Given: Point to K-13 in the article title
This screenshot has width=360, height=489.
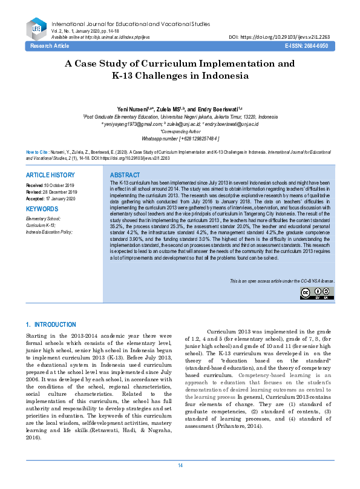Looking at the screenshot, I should (x=126, y=76).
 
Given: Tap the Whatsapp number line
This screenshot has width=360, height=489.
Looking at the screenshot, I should (x=180, y=138).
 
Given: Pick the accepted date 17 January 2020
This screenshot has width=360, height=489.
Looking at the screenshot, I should (x=61, y=198).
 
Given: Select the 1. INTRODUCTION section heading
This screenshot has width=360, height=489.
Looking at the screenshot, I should (x=51, y=325).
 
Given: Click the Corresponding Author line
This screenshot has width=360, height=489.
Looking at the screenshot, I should (x=180, y=131).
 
